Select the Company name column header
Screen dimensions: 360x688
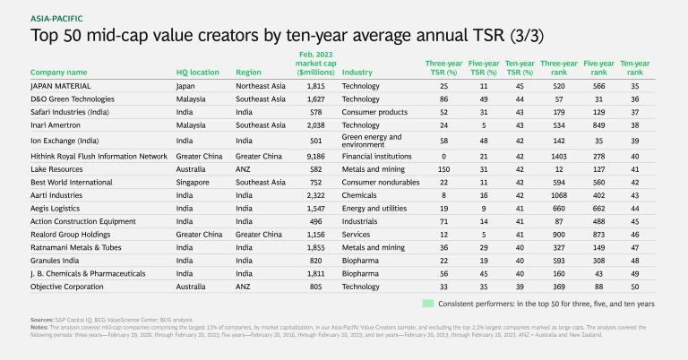click(x=59, y=72)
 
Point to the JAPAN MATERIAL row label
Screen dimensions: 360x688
click(x=68, y=86)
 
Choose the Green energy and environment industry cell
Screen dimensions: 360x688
click(x=367, y=141)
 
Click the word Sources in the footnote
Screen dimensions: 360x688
click(x=42, y=319)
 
